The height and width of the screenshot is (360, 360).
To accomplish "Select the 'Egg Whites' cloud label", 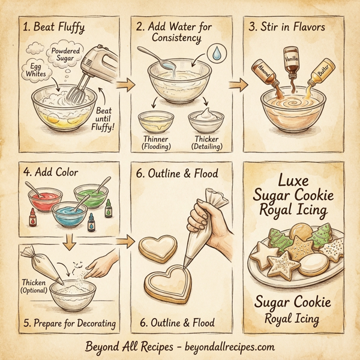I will [x=37, y=70].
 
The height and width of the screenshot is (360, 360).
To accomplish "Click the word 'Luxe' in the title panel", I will [x=293, y=179].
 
